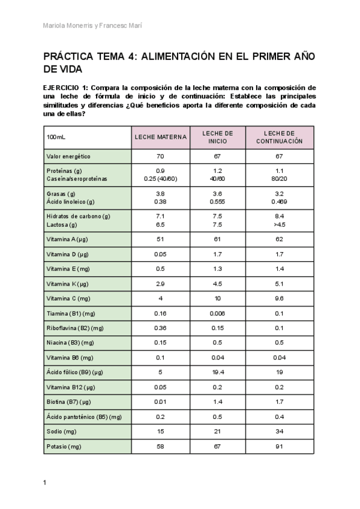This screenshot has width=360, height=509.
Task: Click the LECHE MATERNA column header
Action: [160, 137]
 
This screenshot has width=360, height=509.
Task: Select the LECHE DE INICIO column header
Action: [218, 137]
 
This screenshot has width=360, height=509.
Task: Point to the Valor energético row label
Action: [68, 156]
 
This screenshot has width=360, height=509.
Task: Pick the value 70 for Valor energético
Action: [160, 156]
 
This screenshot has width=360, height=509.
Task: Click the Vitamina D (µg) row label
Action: [67, 254]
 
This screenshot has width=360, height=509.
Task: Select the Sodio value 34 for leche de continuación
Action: [279, 432]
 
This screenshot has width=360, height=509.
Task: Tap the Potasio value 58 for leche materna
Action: [160, 447]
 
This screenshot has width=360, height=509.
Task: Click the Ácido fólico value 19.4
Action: [218, 372]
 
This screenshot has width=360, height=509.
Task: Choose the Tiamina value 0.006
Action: [218, 313]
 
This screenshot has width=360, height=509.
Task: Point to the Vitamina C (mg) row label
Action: [68, 298]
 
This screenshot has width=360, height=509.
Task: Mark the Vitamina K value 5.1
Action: [279, 283]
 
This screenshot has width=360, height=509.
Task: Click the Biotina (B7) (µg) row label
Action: [70, 402]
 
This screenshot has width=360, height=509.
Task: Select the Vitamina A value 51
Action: [160, 239]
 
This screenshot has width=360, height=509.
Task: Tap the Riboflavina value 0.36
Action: [160, 328]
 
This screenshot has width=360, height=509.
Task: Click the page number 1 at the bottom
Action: [45, 483]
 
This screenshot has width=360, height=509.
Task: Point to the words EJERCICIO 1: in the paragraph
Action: [65, 88]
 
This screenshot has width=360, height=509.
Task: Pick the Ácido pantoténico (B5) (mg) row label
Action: [83, 417]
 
